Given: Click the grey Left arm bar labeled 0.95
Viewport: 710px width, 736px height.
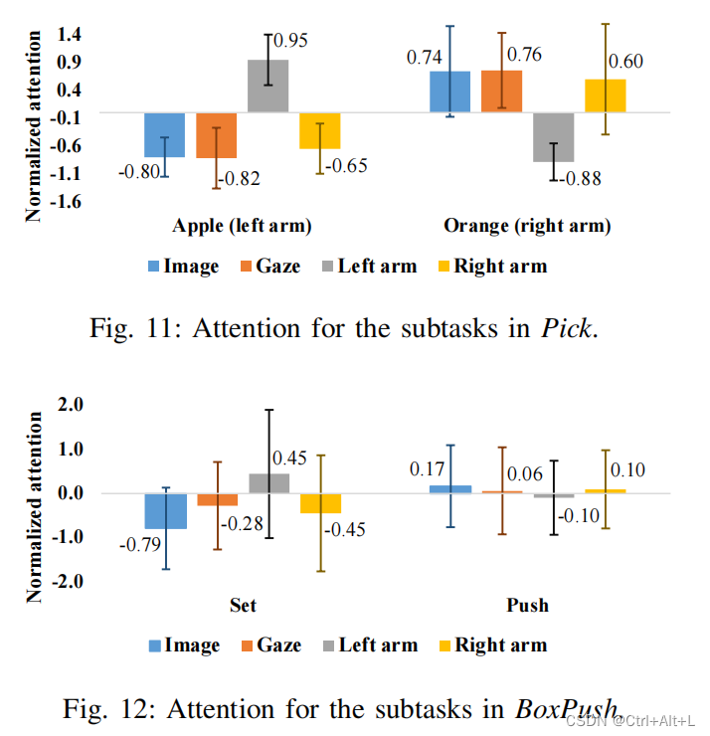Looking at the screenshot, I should pyautogui.click(x=268, y=88).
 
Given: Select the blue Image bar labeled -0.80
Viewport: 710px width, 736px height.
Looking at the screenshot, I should pyautogui.click(x=165, y=135).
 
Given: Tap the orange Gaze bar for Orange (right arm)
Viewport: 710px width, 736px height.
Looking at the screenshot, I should pyautogui.click(x=501, y=92).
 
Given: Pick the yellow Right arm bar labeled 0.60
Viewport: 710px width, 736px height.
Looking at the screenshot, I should pyautogui.click(x=606, y=96).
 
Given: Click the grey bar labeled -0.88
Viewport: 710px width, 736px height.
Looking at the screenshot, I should pyautogui.click(x=554, y=137).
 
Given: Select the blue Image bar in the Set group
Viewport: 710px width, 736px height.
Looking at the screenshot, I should pyautogui.click(x=166, y=511).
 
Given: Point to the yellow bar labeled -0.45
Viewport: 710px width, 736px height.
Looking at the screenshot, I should pyautogui.click(x=321, y=503).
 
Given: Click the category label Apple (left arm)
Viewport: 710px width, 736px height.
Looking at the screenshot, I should pyautogui.click(x=242, y=226).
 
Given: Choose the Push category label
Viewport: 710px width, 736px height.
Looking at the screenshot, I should pyautogui.click(x=527, y=605).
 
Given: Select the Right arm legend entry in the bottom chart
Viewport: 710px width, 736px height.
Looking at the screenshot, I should pyautogui.click(x=491, y=644).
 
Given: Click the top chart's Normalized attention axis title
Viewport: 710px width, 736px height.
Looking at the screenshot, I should pyautogui.click(x=34, y=125).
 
